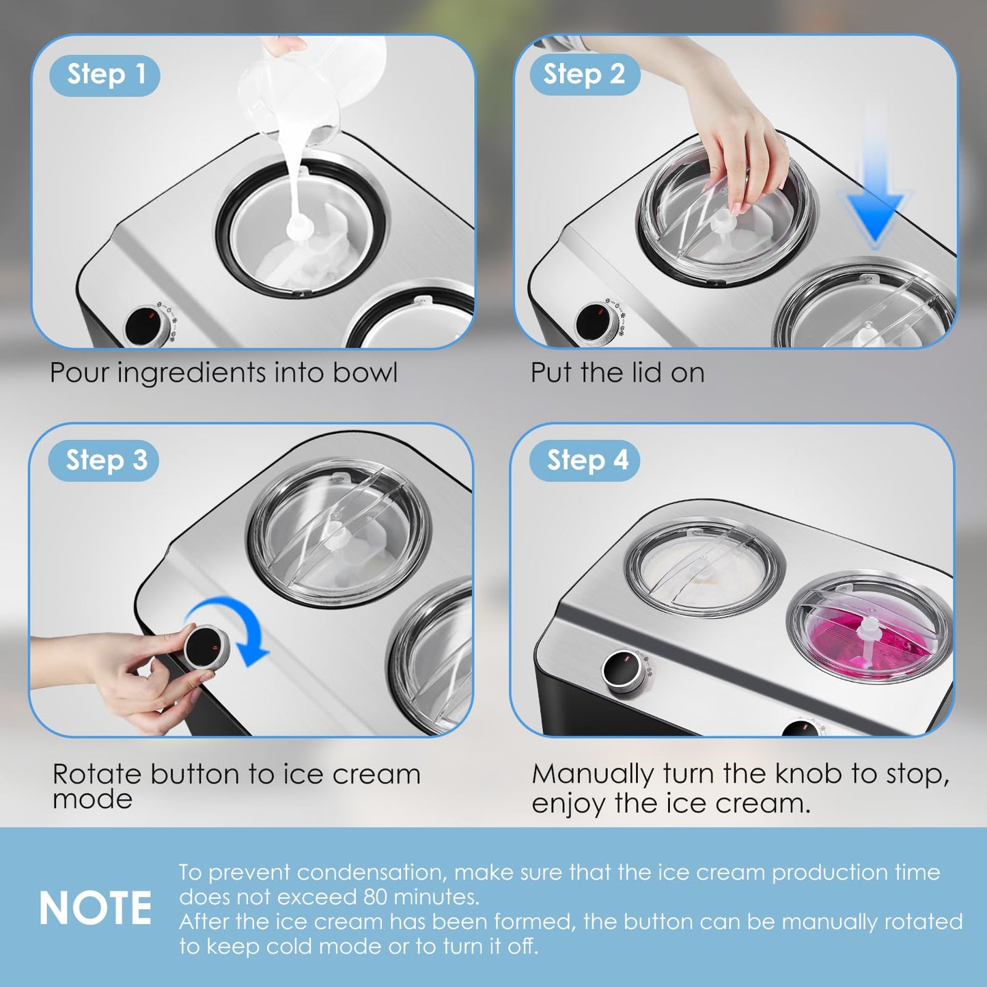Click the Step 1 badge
[x=105, y=75]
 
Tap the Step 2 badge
[x=585, y=74]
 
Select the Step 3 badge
[x=105, y=461]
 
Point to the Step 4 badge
[x=586, y=461]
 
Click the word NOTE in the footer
[x=96, y=908]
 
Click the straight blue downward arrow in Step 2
[x=874, y=191]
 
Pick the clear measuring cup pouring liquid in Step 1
[x=307, y=89]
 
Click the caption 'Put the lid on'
[x=617, y=373]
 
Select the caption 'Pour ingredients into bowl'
[x=223, y=373]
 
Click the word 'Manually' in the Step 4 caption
[x=593, y=775]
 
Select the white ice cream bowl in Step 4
[x=704, y=569]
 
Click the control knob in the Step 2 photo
[x=597, y=321]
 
